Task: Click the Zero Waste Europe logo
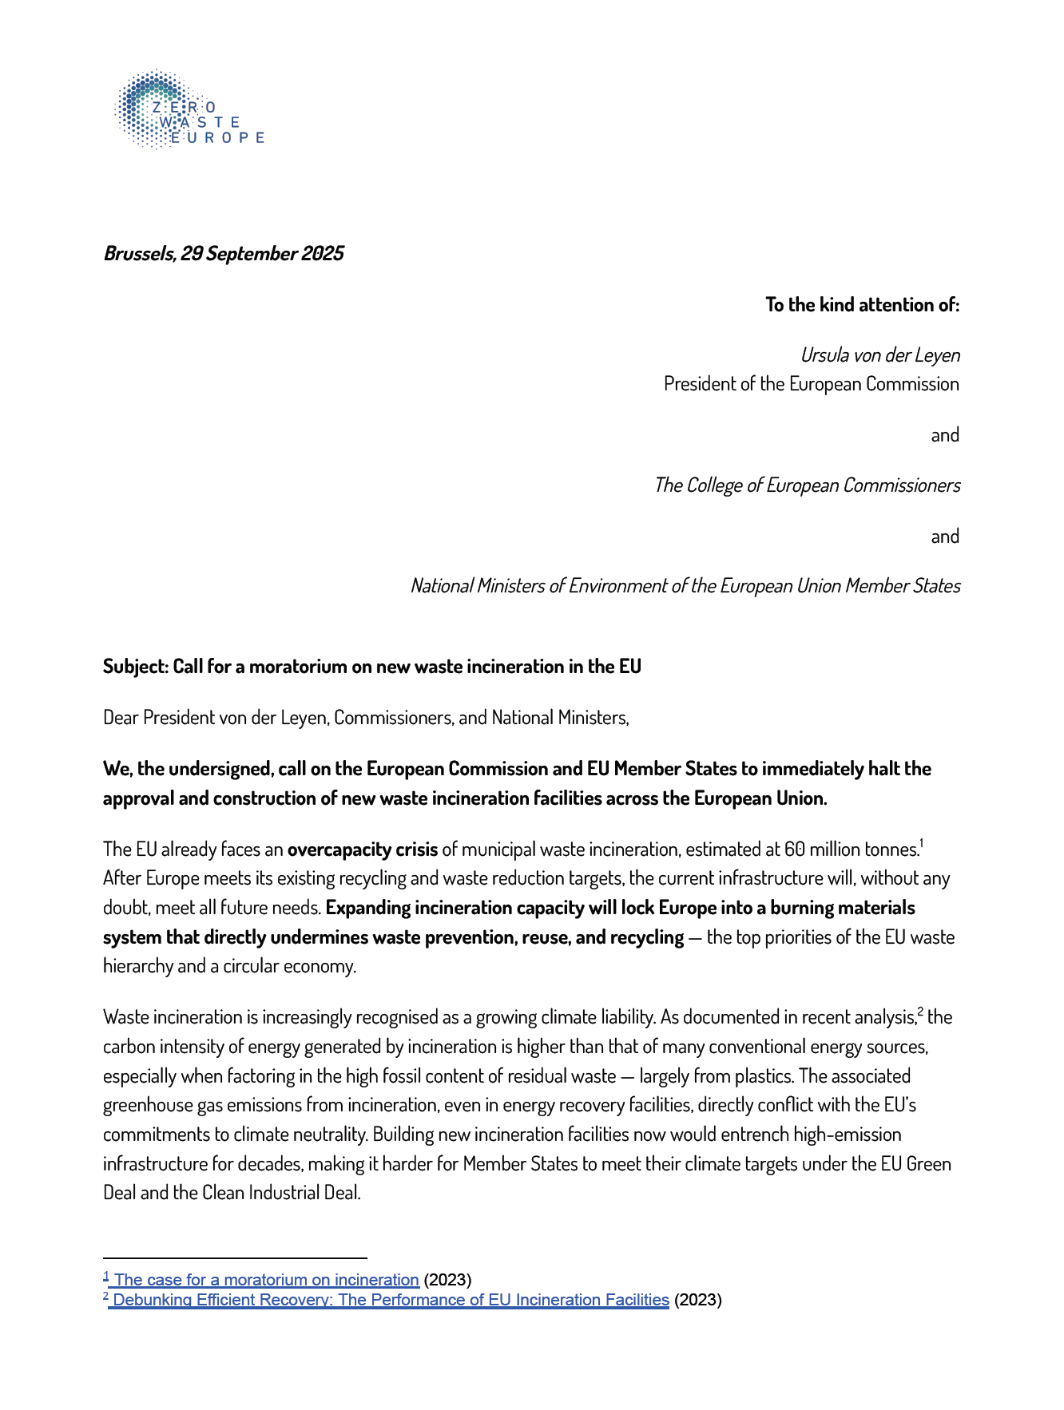coord(189,109)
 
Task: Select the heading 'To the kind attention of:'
coord(862,305)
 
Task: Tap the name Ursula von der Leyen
coord(879,355)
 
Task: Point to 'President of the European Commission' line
coord(811,384)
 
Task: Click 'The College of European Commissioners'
coord(807,485)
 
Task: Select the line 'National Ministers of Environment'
coord(685,586)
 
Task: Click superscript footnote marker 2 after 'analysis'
coord(920,1012)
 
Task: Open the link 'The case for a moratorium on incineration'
coord(266,1280)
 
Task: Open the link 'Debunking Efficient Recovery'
coord(390,1300)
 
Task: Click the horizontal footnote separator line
coord(234,1258)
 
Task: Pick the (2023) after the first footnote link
coord(447,1280)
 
